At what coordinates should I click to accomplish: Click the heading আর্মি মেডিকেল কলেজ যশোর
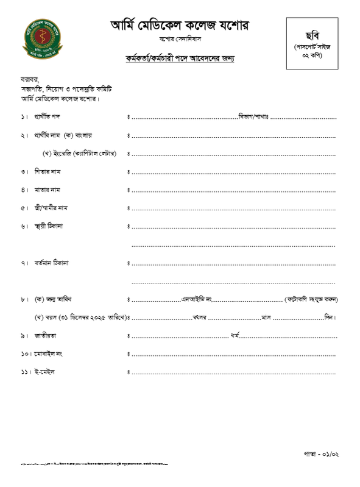point(180,26)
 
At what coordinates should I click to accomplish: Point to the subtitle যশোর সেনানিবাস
point(180,40)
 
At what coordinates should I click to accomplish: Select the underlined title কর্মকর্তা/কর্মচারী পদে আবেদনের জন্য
point(180,59)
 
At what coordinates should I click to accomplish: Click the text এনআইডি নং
point(196,299)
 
